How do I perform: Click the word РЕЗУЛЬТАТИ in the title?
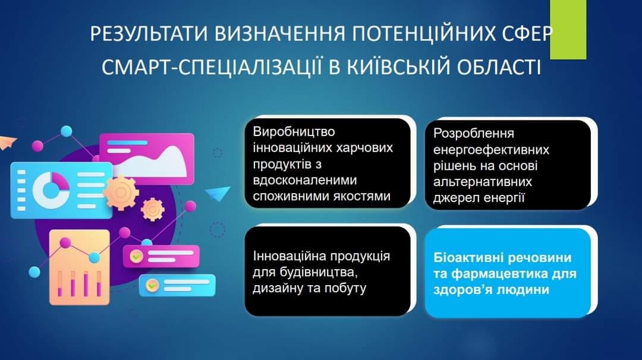pos(150,34)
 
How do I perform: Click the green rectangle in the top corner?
pos(568,30)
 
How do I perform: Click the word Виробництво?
pos(294,132)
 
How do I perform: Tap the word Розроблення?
pos(473,134)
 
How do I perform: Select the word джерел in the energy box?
pos(455,198)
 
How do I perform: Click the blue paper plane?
pos(218,193)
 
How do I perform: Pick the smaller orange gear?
pos(152,210)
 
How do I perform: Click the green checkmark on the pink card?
pos(136,257)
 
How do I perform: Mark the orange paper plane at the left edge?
pos(7,143)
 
